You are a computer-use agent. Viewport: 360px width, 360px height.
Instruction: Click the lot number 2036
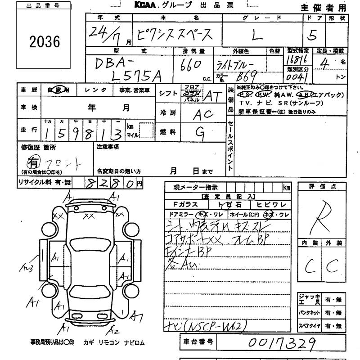point(44,41)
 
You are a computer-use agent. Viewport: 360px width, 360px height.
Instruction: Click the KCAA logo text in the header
point(147,5)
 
